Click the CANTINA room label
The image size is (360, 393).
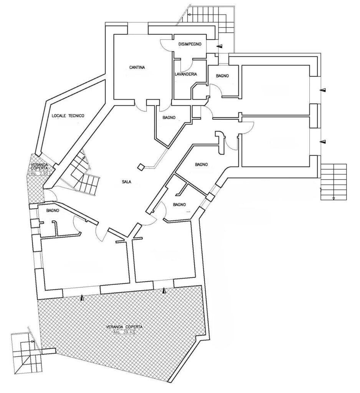pyautogui.click(x=137, y=68)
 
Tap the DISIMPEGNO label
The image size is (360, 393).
pyautogui.click(x=190, y=44)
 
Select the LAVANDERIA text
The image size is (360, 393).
pyautogui.click(x=185, y=74)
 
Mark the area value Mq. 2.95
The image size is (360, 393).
pyautogui.click(x=40, y=173)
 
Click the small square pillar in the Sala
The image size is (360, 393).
pyautogui.click(x=141, y=167)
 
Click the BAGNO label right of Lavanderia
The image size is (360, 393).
pyautogui.click(x=222, y=76)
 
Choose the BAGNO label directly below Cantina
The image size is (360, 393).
pyautogui.click(x=169, y=118)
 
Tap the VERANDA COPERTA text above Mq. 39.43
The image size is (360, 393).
pyautogui.click(x=124, y=327)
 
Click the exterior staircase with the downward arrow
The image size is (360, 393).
pyautogui.click(x=334, y=182)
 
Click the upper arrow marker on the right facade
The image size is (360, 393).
pyautogui.click(x=324, y=90)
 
